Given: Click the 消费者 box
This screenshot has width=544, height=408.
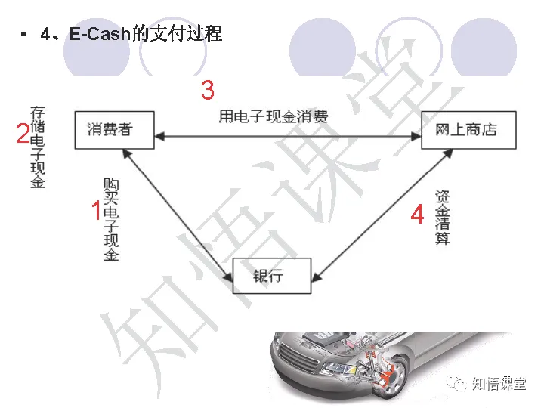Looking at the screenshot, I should tap(114, 129).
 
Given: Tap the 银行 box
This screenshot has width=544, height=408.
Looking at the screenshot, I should tap(271, 275).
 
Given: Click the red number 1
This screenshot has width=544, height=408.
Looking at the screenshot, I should tap(96, 211).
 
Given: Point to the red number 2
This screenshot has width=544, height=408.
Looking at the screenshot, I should tap(23, 134).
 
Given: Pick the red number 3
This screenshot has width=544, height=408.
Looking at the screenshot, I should tap(207, 91).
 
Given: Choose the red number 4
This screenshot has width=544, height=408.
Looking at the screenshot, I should tap(417, 215).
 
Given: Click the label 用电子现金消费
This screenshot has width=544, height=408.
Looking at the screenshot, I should tap(274, 116).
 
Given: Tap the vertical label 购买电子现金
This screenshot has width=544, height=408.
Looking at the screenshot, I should tap(111, 220).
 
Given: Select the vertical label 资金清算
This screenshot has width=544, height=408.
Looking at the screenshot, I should tap(443, 218).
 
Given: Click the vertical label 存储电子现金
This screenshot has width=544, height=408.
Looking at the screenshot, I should tap(38, 147).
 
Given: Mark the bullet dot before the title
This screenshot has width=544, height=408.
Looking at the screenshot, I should tap(25, 35).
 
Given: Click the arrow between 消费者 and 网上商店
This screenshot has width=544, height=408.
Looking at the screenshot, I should tap(287, 137).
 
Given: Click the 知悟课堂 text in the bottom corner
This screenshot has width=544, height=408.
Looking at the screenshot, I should tap(498, 384).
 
